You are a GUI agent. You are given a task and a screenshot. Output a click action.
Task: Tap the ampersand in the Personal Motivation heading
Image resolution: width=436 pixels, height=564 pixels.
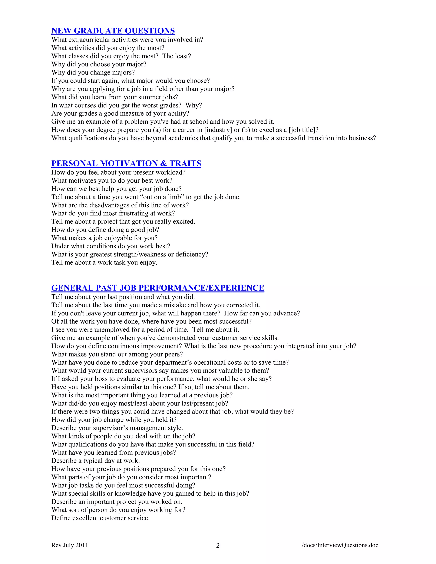coord(163,164)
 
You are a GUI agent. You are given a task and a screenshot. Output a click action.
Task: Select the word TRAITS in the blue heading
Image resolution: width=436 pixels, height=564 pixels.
coord(185,164)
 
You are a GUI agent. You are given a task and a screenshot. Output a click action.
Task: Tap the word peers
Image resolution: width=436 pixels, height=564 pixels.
coord(174,355)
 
